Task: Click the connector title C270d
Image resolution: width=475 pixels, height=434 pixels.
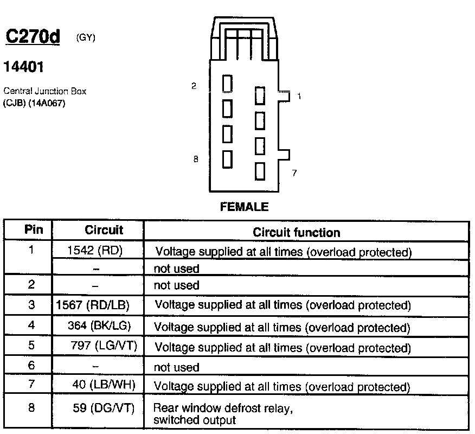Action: tap(33, 37)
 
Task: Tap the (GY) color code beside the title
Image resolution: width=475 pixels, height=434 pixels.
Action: tap(87, 37)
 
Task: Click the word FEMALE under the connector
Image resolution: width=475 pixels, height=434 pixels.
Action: tap(244, 207)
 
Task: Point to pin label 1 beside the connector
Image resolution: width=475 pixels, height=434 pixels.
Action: tap(299, 96)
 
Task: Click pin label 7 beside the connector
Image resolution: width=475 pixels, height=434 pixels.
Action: tap(294, 173)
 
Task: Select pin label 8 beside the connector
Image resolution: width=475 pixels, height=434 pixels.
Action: tap(196, 159)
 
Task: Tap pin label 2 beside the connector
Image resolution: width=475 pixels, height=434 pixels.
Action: tap(194, 85)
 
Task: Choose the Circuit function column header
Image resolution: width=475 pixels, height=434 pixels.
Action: tap(297, 232)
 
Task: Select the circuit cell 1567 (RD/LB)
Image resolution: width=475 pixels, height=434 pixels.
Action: tap(93, 305)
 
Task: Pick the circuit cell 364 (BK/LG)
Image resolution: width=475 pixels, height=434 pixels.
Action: tap(99, 325)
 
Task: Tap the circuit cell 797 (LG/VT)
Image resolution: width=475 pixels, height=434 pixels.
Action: tap(102, 346)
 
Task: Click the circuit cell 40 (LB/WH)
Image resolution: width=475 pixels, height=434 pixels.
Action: tap(104, 385)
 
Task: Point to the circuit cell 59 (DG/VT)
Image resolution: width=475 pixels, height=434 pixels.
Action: tap(103, 407)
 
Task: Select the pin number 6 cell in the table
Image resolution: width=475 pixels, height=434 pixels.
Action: tap(31, 366)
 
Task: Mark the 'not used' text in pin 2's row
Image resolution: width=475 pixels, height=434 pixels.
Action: tap(176, 285)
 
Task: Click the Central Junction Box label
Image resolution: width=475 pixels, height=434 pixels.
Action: tap(44, 91)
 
